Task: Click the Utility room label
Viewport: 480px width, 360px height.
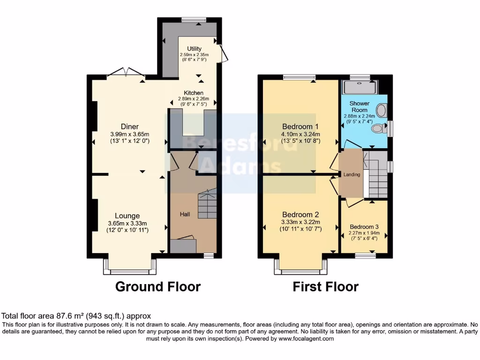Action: [x=194, y=49]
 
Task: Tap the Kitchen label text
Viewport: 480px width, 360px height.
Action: [x=193, y=93]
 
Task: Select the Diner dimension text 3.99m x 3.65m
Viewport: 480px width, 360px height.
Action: [x=129, y=134]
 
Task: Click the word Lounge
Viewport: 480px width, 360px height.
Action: [x=127, y=216]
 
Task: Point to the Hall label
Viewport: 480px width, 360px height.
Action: [x=185, y=214]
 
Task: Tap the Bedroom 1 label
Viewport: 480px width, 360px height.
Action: [x=300, y=126]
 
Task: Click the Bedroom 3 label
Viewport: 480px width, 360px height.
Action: [x=364, y=226]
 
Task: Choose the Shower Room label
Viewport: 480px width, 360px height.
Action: [x=360, y=106]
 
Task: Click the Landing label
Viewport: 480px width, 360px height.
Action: [x=352, y=175]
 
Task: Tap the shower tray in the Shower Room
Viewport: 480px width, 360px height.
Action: [x=360, y=87]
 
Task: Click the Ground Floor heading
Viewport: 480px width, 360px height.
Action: [x=158, y=286]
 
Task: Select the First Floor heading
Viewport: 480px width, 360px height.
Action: [x=326, y=286]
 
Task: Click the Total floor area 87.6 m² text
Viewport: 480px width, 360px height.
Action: [x=76, y=316]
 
